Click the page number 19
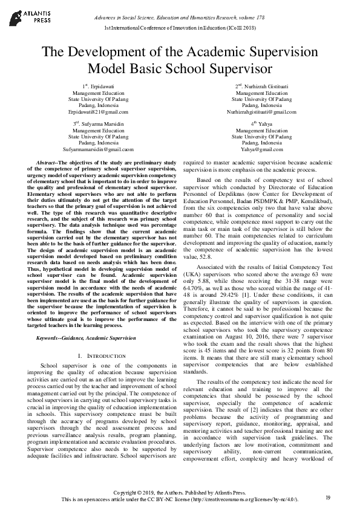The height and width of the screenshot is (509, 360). point(328,498)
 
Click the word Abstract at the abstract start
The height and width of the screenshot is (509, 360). point(48,163)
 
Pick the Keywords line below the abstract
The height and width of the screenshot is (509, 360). point(85,337)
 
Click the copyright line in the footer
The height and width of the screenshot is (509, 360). point(180,493)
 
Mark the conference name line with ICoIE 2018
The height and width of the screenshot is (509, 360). point(180,28)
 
